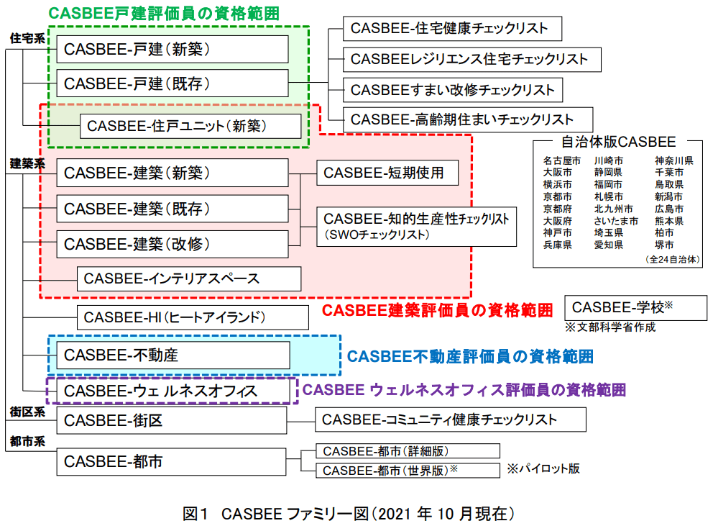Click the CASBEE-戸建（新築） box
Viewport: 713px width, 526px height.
172,49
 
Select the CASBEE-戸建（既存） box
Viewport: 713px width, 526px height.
172,83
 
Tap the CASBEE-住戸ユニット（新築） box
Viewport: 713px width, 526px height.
190,126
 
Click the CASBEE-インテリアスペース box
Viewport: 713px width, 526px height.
188,278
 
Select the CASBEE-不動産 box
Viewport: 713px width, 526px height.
172,355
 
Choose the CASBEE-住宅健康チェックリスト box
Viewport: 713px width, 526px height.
451,28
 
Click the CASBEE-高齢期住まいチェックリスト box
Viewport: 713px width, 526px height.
467,119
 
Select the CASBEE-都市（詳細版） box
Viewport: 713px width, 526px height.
408,451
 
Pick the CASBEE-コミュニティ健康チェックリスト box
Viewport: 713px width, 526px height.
450,420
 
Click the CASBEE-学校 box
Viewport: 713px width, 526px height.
635,308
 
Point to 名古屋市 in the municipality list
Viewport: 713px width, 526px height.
561,161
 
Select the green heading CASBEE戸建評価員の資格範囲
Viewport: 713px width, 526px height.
164,13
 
